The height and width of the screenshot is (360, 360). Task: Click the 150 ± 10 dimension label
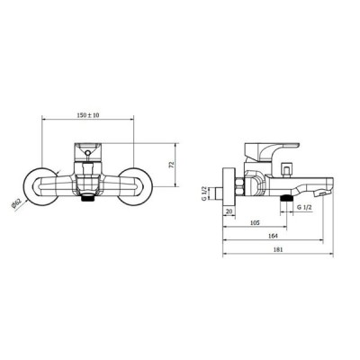pos(88,115)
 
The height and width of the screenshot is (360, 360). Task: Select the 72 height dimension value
pos(172,165)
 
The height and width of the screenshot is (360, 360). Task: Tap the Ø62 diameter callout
pos(16,204)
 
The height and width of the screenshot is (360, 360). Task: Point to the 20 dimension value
pos(229,211)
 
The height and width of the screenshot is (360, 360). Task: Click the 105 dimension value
pos(255,222)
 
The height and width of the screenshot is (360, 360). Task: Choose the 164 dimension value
pos(273,236)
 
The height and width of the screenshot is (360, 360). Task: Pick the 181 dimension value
pos(278,249)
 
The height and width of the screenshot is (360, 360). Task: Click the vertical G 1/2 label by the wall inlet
pos(203,193)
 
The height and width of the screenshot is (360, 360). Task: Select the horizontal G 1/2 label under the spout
pos(304,207)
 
